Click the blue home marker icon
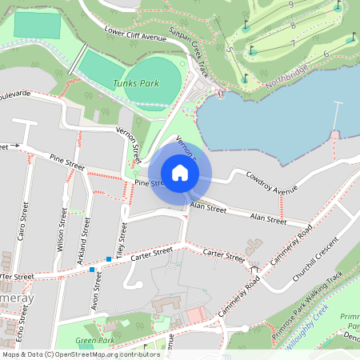pyautogui.click(x=180, y=173)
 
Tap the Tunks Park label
pyautogui.click(x=136, y=83)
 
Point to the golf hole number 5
pyautogui.click(x=230, y=50)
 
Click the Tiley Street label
pyautogui.click(x=122, y=236)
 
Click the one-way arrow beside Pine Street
pyautogui.click(x=13, y=146)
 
